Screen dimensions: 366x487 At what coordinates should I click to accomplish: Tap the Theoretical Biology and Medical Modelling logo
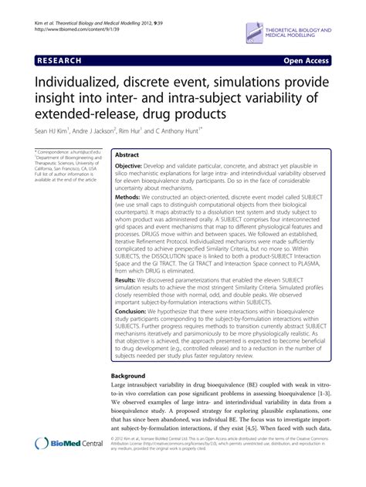click(x=290, y=31)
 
